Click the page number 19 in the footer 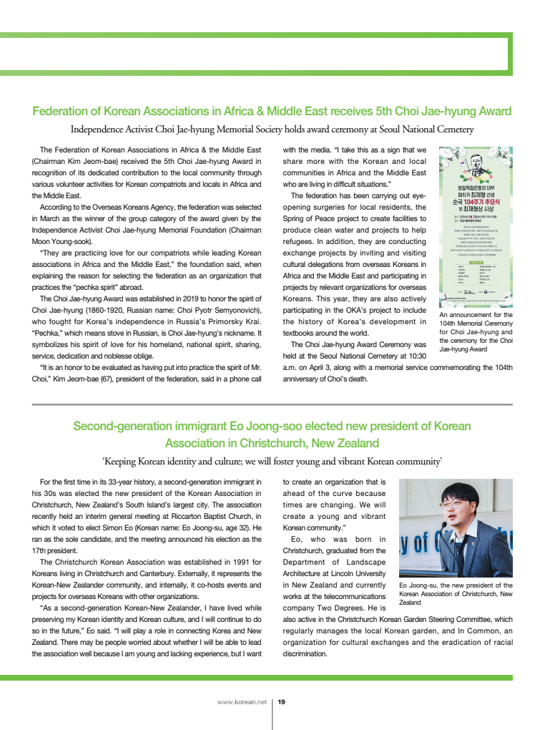[x=282, y=702]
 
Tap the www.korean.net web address [x=241, y=702]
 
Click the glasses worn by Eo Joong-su [x=455, y=502]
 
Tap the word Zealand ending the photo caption [x=411, y=603]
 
